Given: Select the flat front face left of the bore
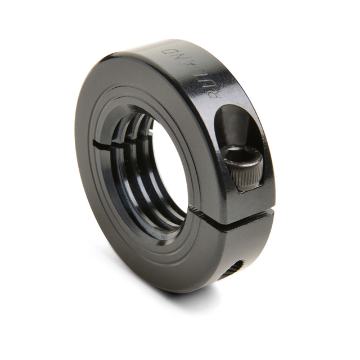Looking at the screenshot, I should (x=90, y=152).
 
